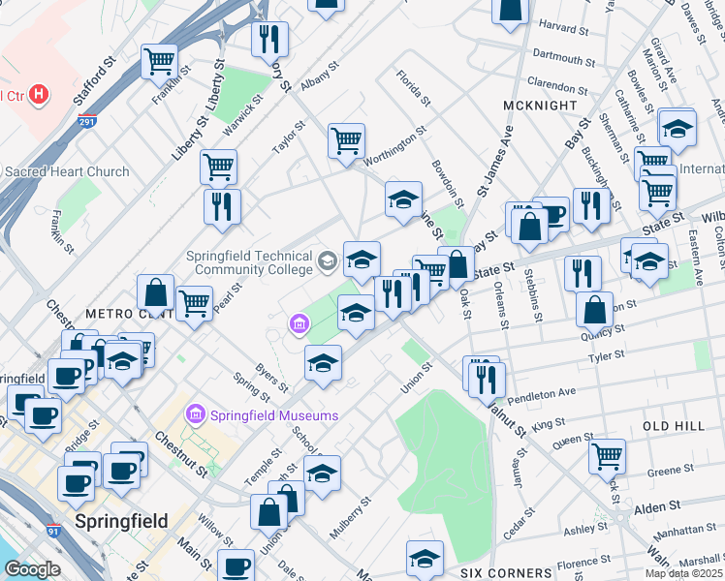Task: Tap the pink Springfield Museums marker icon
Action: (x=195, y=414)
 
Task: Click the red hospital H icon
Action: (x=39, y=95)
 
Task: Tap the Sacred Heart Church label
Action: (x=67, y=171)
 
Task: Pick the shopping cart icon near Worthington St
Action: (x=346, y=140)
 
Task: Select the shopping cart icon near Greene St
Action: (x=607, y=455)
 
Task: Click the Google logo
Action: (x=31, y=568)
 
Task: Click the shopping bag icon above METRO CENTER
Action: (x=155, y=291)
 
